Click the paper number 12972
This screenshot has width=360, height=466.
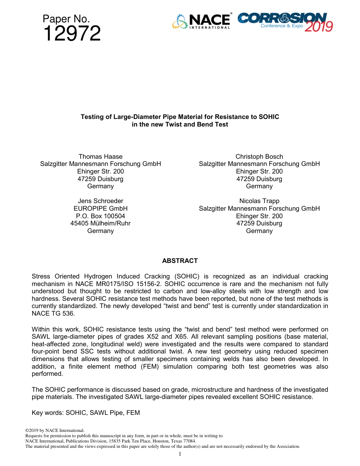tap(72, 34)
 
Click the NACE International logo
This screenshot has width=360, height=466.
tap(201, 21)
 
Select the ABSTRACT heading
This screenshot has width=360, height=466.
tap(180, 261)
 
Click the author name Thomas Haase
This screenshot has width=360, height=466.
tap(100, 156)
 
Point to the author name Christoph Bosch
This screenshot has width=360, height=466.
tap(259, 156)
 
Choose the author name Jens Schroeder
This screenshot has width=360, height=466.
tap(100, 201)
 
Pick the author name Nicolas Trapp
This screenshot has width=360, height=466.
tap(259, 201)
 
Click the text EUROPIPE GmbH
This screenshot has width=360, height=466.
tap(100, 208)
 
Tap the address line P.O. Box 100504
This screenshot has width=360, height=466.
tap(100, 216)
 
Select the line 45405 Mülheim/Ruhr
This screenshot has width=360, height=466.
tap(100, 223)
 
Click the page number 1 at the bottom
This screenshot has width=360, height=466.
tap(180, 454)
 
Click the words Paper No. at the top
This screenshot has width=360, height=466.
tap(66, 19)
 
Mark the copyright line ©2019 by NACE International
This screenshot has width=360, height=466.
tap(55, 430)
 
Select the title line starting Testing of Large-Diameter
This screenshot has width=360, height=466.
tap(180, 117)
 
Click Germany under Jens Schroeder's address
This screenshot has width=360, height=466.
tap(100, 231)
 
